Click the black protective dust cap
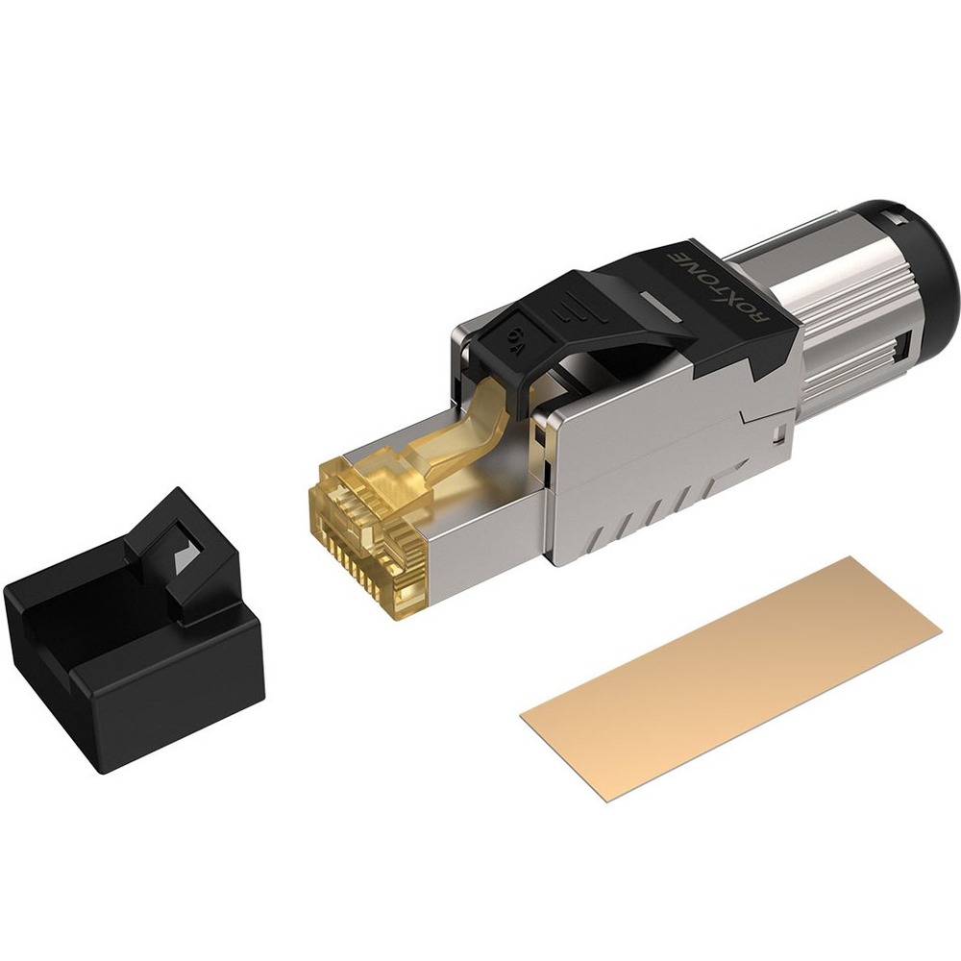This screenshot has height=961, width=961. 135,625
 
